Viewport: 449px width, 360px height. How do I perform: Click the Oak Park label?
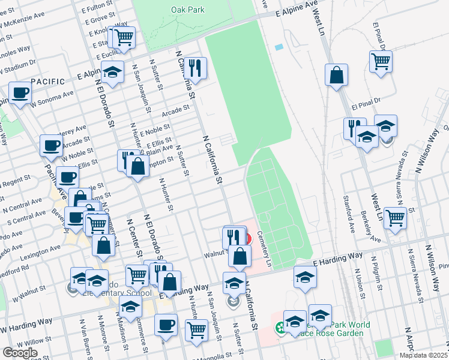pyautogui.click(x=187, y=10)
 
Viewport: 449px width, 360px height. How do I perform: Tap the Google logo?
pyautogui.click(x=20, y=352)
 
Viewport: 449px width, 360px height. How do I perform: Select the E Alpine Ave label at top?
pyautogui.click(x=296, y=8)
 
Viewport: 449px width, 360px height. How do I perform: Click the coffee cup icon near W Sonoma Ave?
pyautogui.click(x=20, y=93)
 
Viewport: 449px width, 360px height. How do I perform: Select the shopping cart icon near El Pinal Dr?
pyautogui.click(x=381, y=61)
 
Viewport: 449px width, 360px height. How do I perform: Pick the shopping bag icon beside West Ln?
pyautogui.click(x=337, y=75)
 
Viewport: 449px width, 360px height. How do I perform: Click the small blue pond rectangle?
pyautogui.click(x=278, y=47)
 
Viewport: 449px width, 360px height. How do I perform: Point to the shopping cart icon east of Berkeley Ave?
pyautogui.click(x=395, y=218)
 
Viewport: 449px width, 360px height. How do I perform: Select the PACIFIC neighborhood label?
pyautogui.click(x=47, y=81)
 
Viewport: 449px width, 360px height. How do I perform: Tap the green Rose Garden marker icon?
pyautogui.click(x=280, y=328)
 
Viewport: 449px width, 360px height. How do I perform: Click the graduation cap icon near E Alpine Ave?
pyautogui.click(x=112, y=72)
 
